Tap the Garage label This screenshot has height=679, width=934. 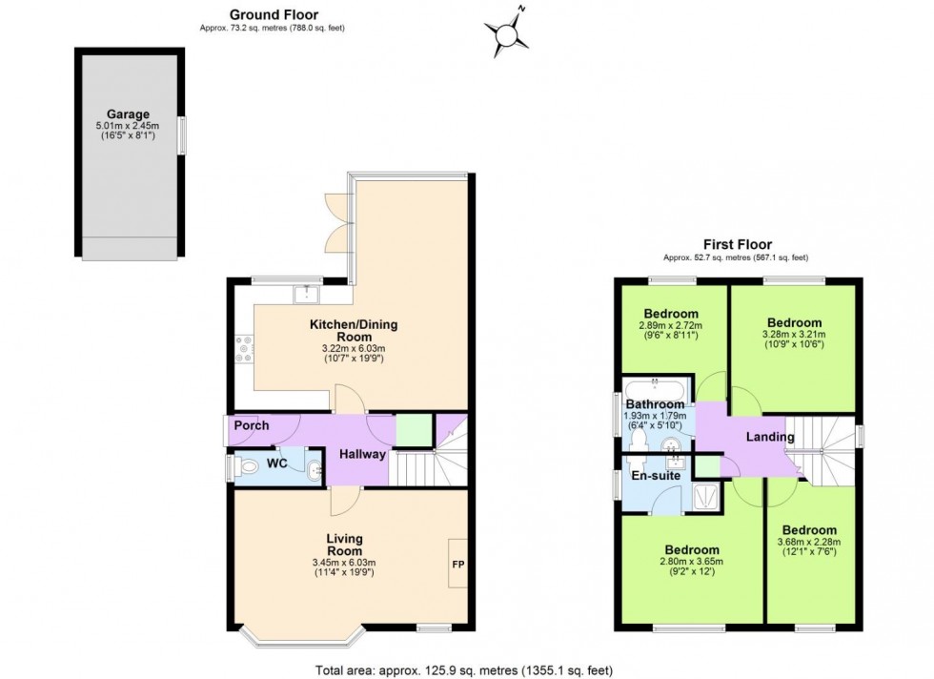point(129,114)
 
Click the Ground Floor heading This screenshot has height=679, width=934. point(273,14)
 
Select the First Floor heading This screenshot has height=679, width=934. point(737,244)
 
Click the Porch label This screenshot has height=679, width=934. point(251,425)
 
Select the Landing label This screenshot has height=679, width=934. point(770,437)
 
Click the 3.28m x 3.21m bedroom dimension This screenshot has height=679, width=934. point(793,335)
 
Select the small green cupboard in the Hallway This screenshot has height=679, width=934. point(413,429)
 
